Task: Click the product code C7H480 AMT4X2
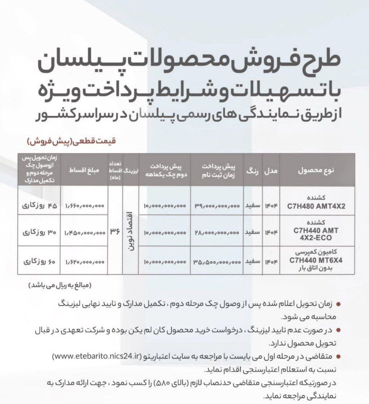[316, 207]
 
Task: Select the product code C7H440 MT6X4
[316, 258]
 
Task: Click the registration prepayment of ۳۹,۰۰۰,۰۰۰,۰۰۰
[217, 206]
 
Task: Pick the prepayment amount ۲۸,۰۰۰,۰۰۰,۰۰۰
[217, 233]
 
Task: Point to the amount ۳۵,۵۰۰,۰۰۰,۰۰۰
[217, 262]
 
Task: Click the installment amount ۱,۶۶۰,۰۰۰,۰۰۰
[85, 206]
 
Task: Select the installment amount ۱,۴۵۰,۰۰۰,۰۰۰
[85, 233]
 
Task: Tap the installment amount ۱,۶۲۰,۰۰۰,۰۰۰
[85, 262]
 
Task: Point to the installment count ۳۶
[116, 232]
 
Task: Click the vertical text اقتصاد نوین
[130, 230]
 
